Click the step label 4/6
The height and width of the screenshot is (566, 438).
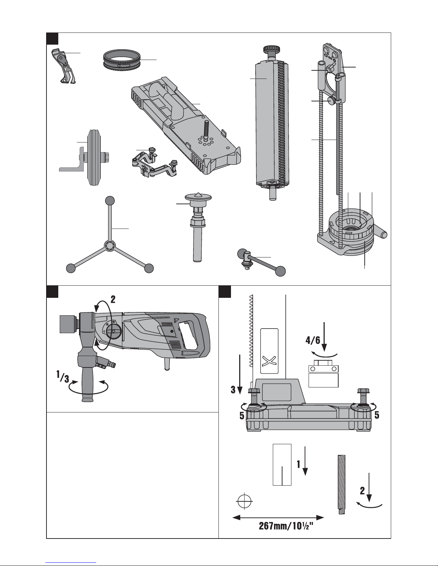click(x=313, y=340)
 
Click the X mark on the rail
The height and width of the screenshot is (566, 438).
click(x=269, y=361)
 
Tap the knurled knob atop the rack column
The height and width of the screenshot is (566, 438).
click(x=272, y=49)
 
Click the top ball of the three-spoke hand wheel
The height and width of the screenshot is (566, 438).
click(x=110, y=201)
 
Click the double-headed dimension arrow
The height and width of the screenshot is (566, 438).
click(x=278, y=518)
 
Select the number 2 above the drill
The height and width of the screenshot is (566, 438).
click(x=113, y=300)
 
